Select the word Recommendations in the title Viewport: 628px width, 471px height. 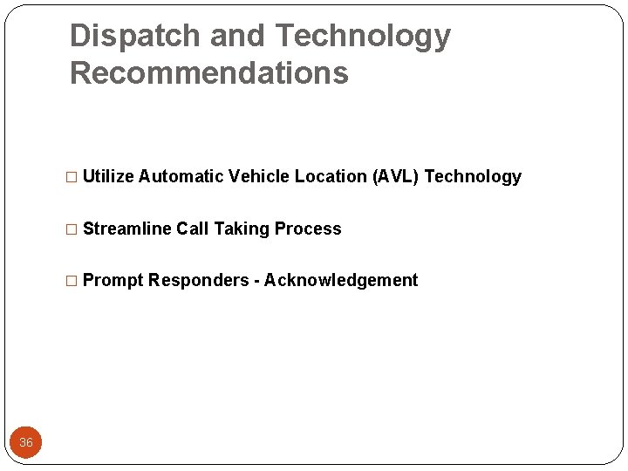pyautogui.click(x=208, y=73)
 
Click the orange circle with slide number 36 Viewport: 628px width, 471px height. pyautogui.click(x=26, y=442)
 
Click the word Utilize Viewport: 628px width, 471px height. pyautogui.click(x=108, y=176)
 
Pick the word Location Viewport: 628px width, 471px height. pyautogui.click(x=331, y=176)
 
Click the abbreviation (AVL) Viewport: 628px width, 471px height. pyautogui.click(x=396, y=176)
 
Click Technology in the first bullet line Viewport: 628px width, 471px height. pyautogui.click(x=473, y=176)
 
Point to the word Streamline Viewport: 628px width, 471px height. pyautogui.click(x=127, y=229)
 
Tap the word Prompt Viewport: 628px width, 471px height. pyautogui.click(x=113, y=280)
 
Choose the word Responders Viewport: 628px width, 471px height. pyautogui.click(x=198, y=280)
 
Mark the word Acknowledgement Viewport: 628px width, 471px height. pyautogui.click(x=341, y=280)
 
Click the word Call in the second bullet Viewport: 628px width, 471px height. pyautogui.click(x=193, y=229)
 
